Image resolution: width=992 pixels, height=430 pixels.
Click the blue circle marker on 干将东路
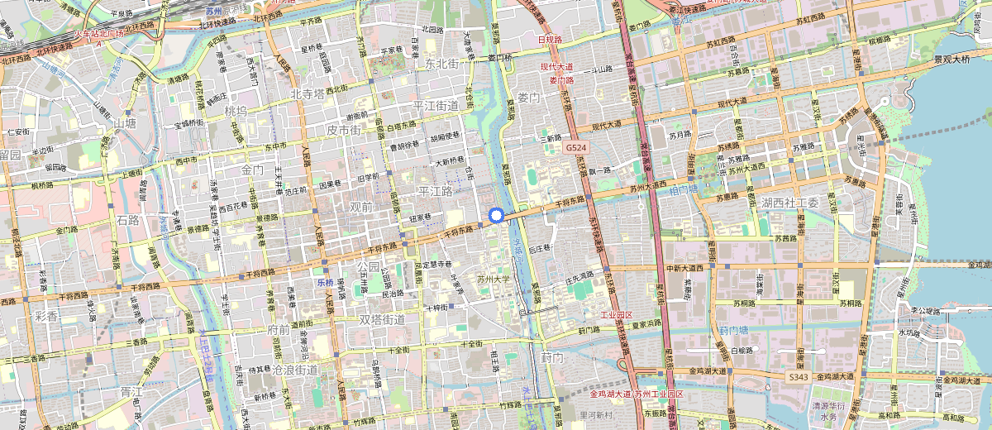pyautogui.click(x=496, y=215)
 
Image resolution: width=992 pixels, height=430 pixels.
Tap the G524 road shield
pyautogui.click(x=576, y=147)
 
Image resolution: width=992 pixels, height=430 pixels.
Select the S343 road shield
pyautogui.click(x=797, y=377)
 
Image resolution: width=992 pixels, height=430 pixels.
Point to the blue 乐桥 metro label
pyautogui.click(x=324, y=282)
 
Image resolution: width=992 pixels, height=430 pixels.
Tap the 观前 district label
pyautogui.click(x=361, y=207)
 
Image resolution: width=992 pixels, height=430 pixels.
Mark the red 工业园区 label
pyautogui.click(x=616, y=315)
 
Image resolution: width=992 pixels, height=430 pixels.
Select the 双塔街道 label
pyautogui.click(x=383, y=319)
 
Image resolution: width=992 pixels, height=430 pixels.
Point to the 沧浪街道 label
pyautogui.click(x=295, y=370)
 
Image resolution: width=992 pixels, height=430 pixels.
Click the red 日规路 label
pyautogui.click(x=550, y=39)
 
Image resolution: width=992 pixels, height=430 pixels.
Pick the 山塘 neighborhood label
pyautogui.click(x=124, y=123)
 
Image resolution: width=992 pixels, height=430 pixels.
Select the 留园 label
pyautogui.click(x=10, y=155)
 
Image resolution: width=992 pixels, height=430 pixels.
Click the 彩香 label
pyautogui.click(x=46, y=317)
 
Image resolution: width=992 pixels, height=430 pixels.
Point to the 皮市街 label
pyautogui.click(x=344, y=131)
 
